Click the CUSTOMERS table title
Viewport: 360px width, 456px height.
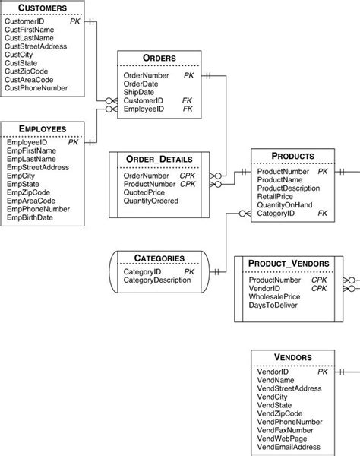(x=41, y=8)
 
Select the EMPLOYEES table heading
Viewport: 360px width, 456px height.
(x=41, y=129)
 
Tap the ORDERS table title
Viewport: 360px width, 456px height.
(x=159, y=59)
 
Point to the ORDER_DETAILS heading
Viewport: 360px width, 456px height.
(x=159, y=159)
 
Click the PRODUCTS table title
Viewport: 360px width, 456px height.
(x=292, y=156)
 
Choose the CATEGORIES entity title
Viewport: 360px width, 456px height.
(x=159, y=258)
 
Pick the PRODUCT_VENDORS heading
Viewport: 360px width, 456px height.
(x=288, y=264)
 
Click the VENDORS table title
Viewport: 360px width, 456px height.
(x=292, y=357)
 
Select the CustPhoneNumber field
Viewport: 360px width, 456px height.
(x=36, y=88)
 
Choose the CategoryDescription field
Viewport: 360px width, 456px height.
(x=158, y=280)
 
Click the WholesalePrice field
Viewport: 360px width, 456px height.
(x=276, y=296)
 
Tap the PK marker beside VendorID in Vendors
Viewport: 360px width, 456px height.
(x=323, y=372)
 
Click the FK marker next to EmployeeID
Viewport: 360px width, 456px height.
(x=188, y=109)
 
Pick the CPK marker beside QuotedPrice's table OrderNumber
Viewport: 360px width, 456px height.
(x=188, y=176)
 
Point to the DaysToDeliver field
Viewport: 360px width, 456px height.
(x=273, y=306)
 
